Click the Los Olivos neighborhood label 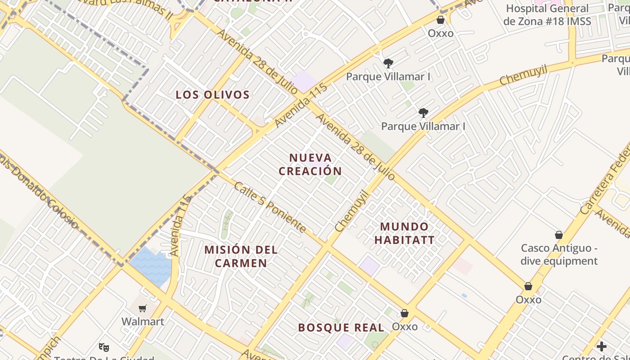point(212,95)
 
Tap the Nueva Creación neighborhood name point(310,164)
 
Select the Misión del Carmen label point(241,256)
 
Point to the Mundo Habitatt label point(405,233)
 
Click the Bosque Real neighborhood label point(341,328)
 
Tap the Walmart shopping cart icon point(143,308)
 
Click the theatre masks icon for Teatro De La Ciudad point(104,347)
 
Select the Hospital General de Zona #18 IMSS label point(547,15)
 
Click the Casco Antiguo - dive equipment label point(559,255)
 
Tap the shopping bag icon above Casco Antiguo point(559,235)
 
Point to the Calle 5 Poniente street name point(270,207)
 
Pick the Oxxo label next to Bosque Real point(405,326)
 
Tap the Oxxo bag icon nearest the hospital point(441,20)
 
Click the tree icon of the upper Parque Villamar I point(388,63)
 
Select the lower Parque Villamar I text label point(423,126)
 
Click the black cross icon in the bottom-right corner point(601,346)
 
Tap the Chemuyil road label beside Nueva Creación point(351,211)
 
